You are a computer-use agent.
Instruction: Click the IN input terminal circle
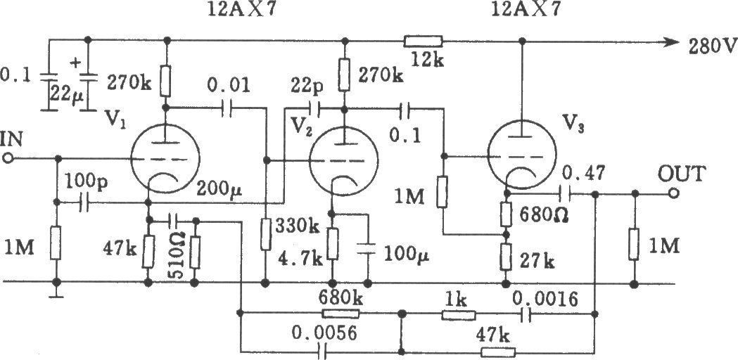pos(8,159)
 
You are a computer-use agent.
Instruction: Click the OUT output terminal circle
pos(673,193)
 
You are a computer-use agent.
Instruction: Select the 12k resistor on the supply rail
pos(423,41)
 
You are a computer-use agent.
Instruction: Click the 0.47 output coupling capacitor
pos(564,193)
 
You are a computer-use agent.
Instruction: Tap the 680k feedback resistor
pos(341,314)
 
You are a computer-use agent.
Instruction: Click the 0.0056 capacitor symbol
pos(322,351)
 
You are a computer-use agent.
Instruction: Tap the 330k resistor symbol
pos(265,234)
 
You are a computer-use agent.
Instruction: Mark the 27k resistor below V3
pos(506,257)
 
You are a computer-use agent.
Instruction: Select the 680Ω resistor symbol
pos(506,214)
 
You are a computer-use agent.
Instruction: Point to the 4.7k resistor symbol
pos(332,244)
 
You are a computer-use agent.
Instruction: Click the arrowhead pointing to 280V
pos(673,41)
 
